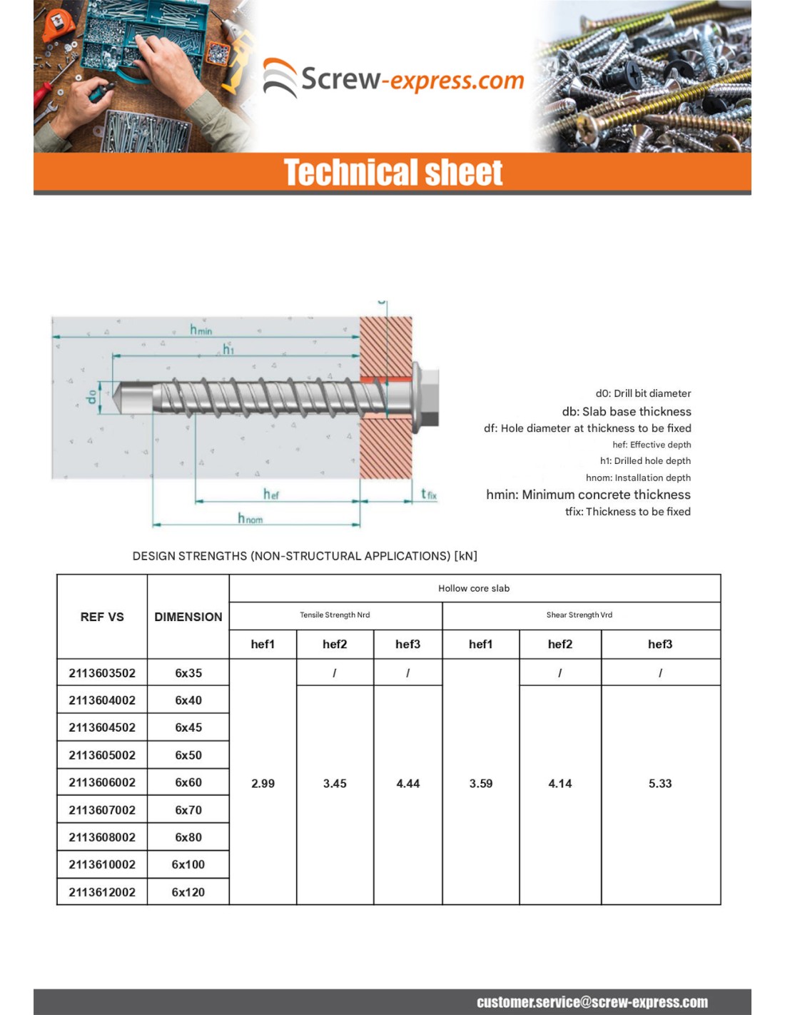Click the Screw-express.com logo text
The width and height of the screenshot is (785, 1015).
[x=412, y=79]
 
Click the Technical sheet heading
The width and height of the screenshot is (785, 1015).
[x=393, y=173]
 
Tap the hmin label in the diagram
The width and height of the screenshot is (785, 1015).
[x=201, y=329]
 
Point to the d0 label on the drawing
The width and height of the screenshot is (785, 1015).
[x=91, y=397]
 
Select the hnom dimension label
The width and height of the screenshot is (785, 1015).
[x=250, y=518]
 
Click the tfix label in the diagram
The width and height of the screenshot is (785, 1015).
[x=428, y=494]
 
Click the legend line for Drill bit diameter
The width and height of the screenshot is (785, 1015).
[x=643, y=393]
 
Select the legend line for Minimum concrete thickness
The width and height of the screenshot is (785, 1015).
[x=588, y=495]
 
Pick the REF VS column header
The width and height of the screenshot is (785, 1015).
[x=102, y=617]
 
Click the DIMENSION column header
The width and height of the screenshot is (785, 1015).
[x=188, y=617]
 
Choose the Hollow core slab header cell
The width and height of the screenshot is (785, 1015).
[x=474, y=588]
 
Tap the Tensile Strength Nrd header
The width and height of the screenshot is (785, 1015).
[x=335, y=615]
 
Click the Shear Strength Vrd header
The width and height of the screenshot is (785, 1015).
[x=579, y=615]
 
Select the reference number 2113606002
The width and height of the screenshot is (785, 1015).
[x=102, y=782]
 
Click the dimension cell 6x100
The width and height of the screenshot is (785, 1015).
[x=188, y=864]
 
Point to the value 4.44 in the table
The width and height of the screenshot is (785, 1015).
[x=408, y=784]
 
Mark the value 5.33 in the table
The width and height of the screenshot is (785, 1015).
[x=660, y=784]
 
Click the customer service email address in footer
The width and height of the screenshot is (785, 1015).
[x=592, y=1002]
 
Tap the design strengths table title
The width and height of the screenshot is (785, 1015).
[x=305, y=556]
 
